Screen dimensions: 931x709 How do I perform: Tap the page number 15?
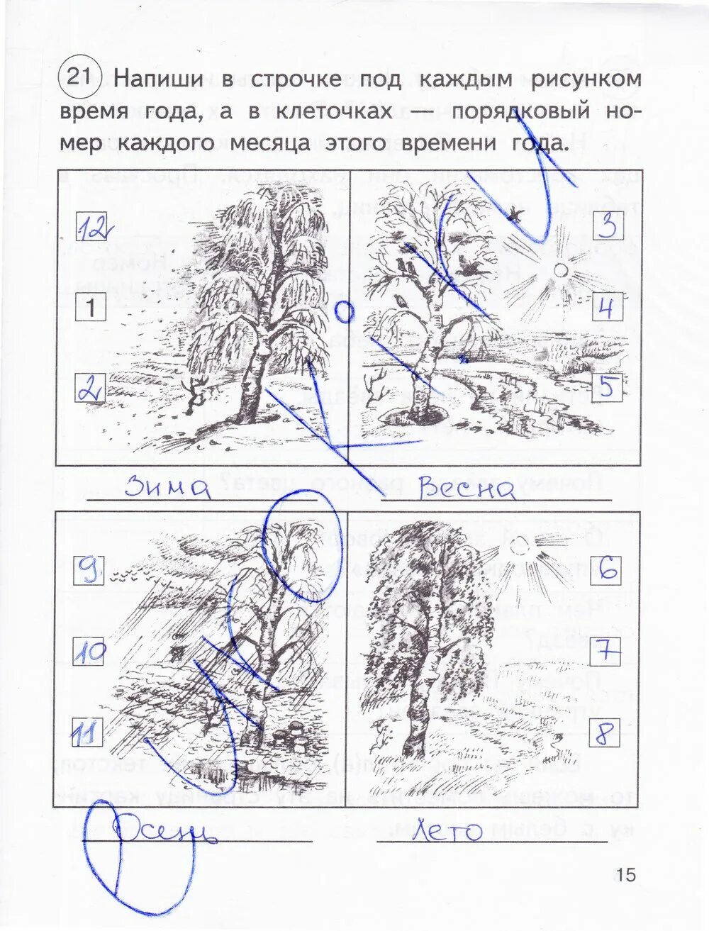[x=626, y=874]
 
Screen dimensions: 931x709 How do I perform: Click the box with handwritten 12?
[x=91, y=228]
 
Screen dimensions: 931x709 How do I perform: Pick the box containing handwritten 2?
[x=90, y=389]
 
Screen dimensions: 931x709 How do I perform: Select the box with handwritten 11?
[x=89, y=732]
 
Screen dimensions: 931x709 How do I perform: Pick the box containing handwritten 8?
[x=605, y=733]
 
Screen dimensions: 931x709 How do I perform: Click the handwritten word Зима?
[x=167, y=488]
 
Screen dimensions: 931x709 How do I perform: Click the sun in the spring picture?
[x=561, y=271]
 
